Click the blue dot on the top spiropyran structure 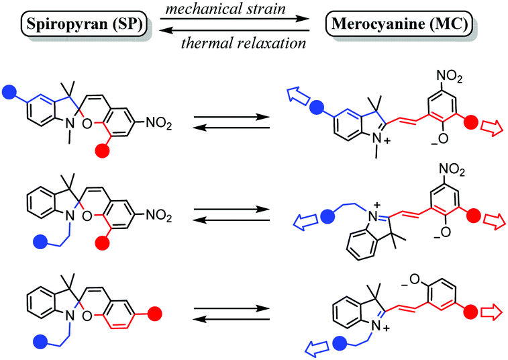point(9,90)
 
